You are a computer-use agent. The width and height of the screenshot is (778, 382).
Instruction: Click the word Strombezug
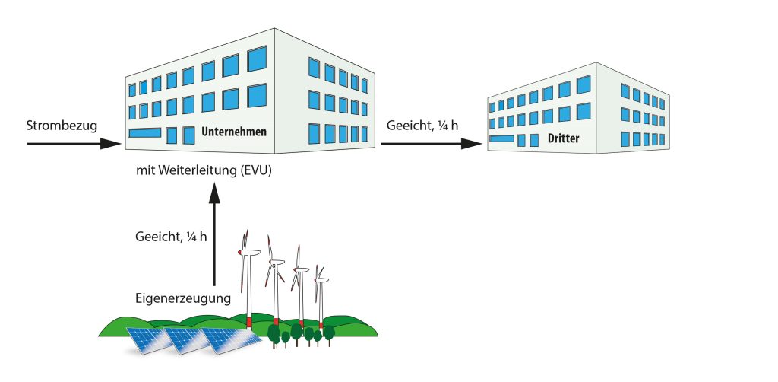click(x=62, y=126)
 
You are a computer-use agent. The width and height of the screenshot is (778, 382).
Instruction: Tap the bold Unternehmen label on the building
click(x=234, y=132)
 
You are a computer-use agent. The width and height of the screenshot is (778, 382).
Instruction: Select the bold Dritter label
click(x=563, y=138)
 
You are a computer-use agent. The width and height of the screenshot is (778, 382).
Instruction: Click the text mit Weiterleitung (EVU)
click(x=204, y=171)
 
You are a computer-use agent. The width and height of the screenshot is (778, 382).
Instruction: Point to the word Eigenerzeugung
click(x=183, y=298)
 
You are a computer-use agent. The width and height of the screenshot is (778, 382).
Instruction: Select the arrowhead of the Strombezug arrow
click(x=111, y=144)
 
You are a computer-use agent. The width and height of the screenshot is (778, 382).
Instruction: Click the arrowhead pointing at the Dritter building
click(x=471, y=144)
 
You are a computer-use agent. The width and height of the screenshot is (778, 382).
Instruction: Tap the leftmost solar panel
click(x=150, y=340)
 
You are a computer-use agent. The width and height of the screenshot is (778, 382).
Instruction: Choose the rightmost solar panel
click(x=231, y=341)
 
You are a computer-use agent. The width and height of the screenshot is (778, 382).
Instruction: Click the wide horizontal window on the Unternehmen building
click(x=144, y=133)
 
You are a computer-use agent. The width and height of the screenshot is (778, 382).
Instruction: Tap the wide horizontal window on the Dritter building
click(x=501, y=138)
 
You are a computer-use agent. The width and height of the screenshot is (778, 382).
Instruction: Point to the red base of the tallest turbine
click(x=249, y=321)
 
